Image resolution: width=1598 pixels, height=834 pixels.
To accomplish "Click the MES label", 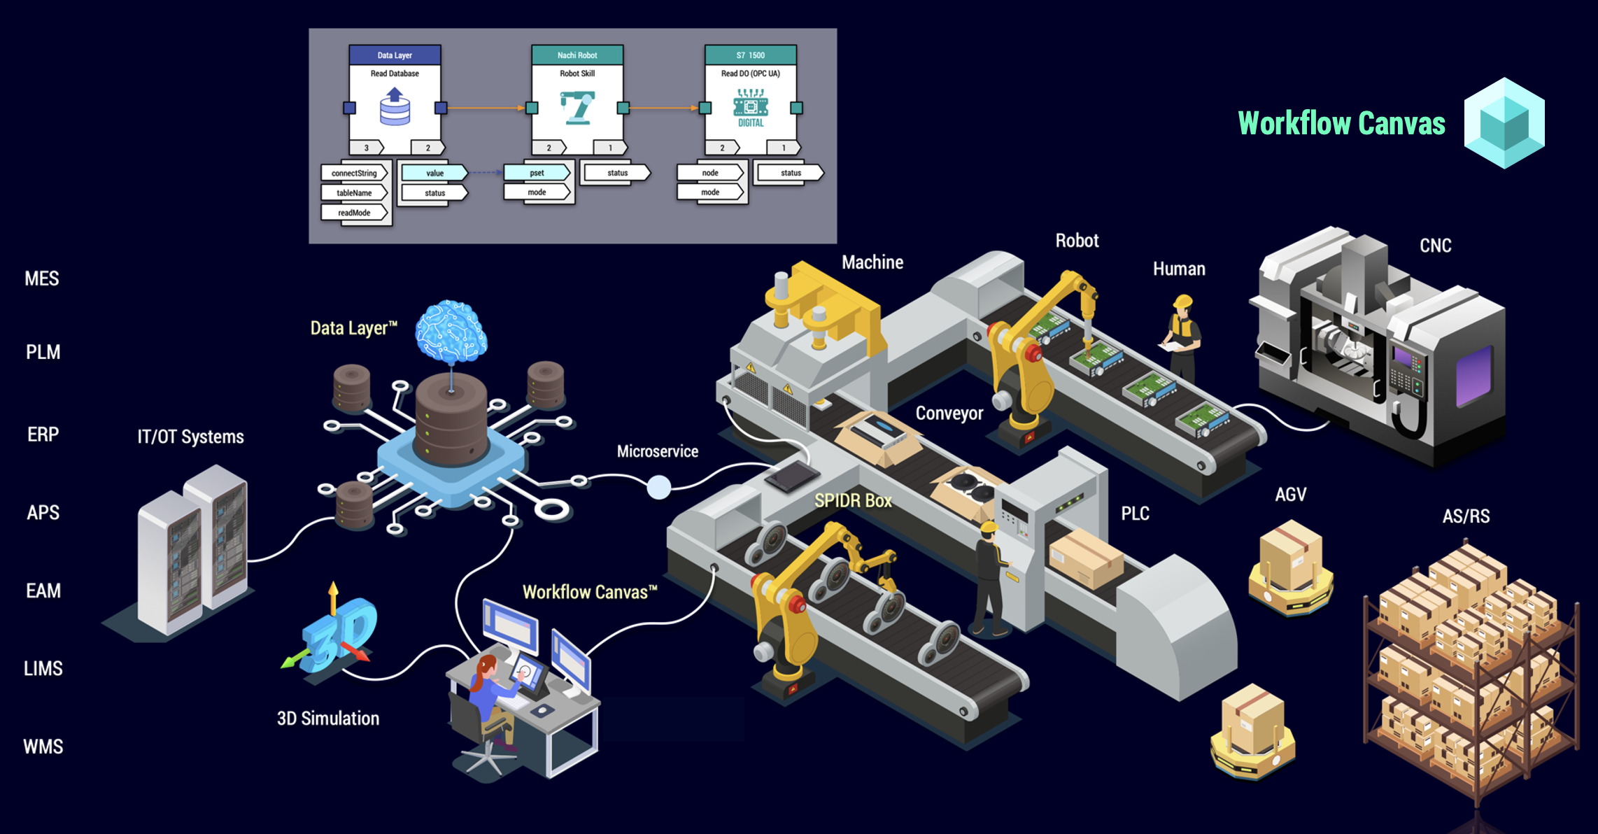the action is [42, 278].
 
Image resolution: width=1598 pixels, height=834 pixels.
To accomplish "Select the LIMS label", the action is [43, 668].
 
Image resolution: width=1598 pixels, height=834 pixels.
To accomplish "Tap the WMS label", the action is [43, 747].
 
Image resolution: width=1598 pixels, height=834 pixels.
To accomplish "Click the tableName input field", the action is [354, 193].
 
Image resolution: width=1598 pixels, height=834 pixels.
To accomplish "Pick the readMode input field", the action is [354, 213].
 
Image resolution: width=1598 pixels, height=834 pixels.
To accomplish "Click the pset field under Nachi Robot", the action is [537, 173].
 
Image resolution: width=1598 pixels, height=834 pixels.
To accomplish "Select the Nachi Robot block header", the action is [577, 55].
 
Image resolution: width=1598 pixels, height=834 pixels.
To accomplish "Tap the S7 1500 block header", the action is [751, 55].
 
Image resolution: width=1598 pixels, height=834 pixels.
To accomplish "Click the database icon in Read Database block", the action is [395, 106].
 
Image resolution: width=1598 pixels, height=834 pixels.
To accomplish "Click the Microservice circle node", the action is [658, 487].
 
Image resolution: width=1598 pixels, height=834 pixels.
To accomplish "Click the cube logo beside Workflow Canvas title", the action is [1504, 123].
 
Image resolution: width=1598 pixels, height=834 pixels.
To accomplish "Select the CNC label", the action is [1436, 246].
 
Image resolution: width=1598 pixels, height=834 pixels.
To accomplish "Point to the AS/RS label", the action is [1466, 516].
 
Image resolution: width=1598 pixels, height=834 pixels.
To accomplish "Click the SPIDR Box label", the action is [853, 501].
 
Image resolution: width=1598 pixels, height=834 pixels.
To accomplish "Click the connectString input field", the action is [354, 174].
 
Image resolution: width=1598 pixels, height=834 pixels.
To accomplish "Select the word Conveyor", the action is [949, 414].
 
